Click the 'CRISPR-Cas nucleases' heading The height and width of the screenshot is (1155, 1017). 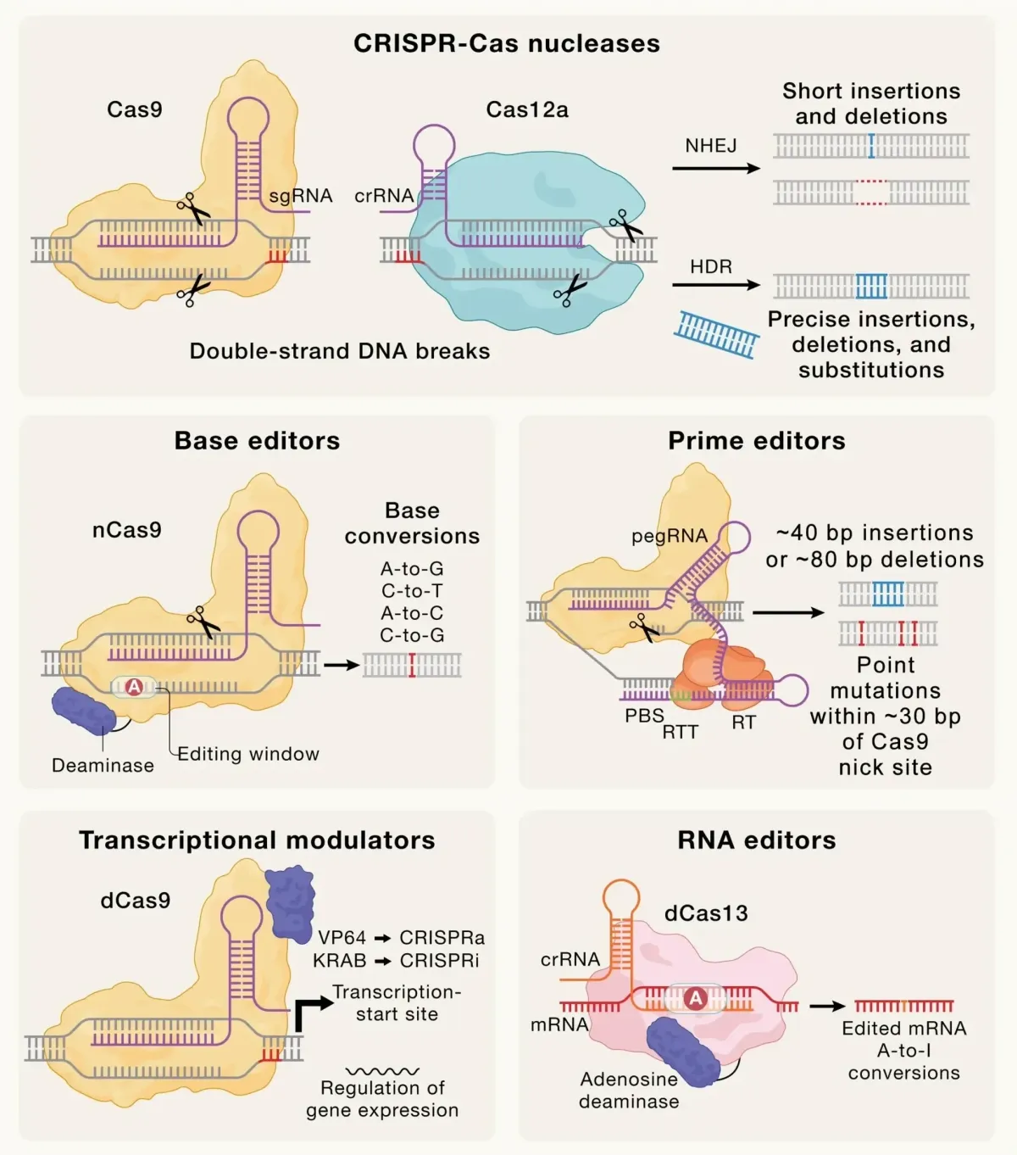pos(507,44)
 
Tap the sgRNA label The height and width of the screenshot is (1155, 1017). pos(300,196)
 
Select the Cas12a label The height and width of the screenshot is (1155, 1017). pos(526,109)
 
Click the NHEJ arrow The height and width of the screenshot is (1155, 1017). pos(716,169)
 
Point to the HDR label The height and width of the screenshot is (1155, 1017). pos(710,266)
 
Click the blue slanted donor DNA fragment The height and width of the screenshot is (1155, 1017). pos(717,334)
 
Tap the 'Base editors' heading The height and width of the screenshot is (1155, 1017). pos(257,441)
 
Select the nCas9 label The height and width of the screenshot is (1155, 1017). pos(127,530)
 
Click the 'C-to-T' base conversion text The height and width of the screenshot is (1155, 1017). pos(412,591)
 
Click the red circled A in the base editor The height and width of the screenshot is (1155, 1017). pos(134,688)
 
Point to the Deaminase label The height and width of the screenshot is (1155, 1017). pos(103,765)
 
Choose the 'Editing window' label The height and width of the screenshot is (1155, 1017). pos(248,754)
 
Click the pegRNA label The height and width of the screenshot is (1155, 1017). pos(669,536)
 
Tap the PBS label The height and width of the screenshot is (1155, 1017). pos(644,716)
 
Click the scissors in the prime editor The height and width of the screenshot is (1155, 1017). pos(644,628)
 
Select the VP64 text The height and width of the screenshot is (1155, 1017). pos(342,938)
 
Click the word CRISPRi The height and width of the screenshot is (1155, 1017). pos(439,961)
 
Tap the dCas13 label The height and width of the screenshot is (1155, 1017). pos(706,913)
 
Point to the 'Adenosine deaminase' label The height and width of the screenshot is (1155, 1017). pos(629,1091)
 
